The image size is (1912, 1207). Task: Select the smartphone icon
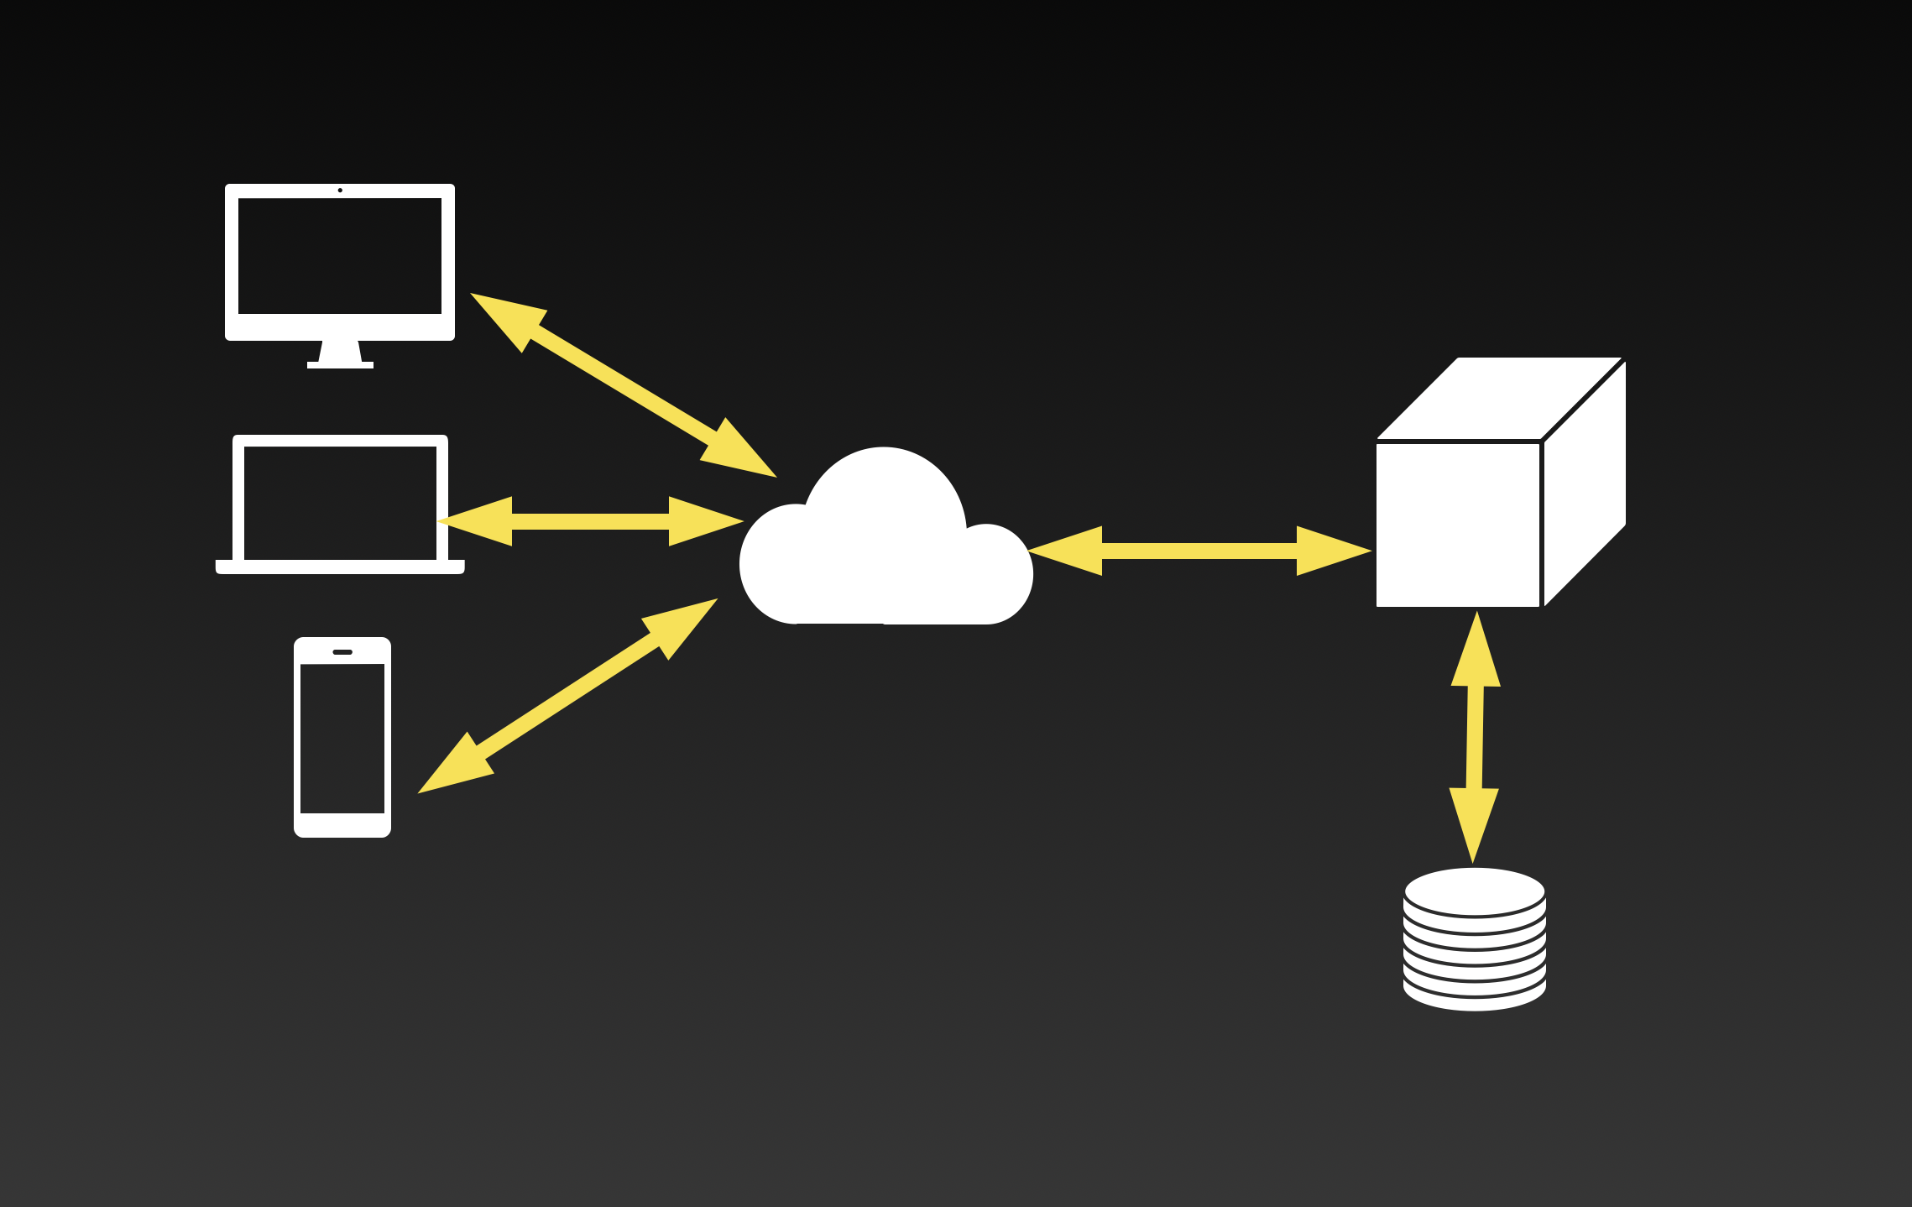pos(342,737)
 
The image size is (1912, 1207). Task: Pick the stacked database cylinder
pos(1475,940)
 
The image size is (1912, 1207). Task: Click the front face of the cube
pos(1458,525)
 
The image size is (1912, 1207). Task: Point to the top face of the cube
pos(1499,398)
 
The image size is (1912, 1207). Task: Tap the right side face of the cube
pos(1585,483)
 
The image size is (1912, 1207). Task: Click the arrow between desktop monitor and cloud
pos(623,385)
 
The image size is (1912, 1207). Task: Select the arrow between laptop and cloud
pos(590,521)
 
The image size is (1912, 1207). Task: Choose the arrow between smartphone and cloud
pos(568,696)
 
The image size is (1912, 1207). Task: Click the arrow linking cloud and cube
pos(1199,551)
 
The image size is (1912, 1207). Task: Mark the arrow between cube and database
pos(1475,737)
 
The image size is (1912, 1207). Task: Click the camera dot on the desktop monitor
pos(340,191)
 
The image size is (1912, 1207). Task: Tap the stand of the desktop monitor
pos(340,354)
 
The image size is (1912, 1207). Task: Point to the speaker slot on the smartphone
pos(342,652)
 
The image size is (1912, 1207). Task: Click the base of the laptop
pos(340,567)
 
